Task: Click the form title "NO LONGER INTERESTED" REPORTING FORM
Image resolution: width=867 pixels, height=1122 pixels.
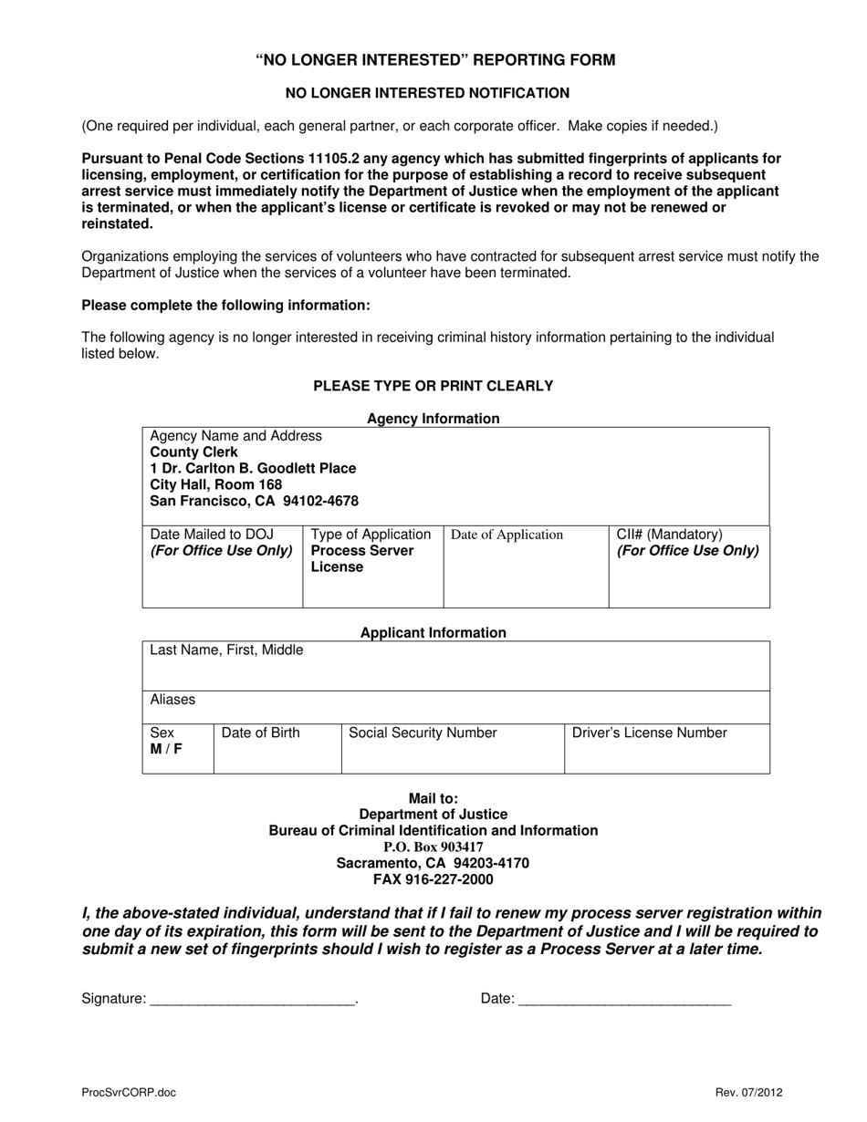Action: [434, 60]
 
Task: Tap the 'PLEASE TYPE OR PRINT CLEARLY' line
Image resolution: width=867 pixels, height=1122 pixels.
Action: [433, 386]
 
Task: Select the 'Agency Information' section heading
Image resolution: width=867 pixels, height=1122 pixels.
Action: [433, 419]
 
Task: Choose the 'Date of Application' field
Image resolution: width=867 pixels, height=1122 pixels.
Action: [507, 535]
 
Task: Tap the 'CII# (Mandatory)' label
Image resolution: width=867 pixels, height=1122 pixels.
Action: [669, 535]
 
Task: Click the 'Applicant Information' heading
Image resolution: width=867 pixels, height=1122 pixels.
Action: [433, 632]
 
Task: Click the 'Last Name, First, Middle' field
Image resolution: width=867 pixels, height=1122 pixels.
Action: [226, 650]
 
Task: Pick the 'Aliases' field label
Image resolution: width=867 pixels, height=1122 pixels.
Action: [172, 700]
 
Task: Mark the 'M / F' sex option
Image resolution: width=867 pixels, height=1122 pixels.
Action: [167, 749]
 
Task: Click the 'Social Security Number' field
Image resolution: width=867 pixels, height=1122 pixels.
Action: [423, 732]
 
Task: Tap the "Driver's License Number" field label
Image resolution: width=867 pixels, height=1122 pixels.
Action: [650, 732]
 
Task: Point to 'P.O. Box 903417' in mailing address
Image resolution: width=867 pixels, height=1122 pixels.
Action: [433, 847]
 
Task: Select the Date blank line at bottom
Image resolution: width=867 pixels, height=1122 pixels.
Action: [624, 1000]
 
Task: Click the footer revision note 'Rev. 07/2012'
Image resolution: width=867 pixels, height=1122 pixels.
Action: [748, 1093]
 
